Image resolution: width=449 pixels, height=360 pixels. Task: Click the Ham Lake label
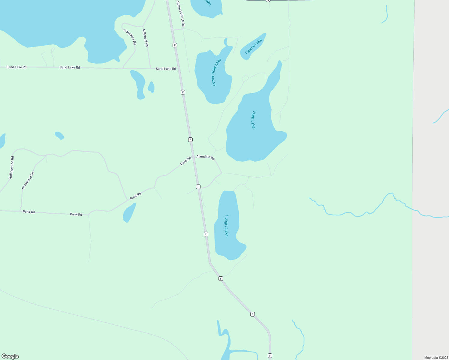pyautogui.click(x=254, y=120)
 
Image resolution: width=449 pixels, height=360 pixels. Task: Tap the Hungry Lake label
pyautogui.click(x=227, y=226)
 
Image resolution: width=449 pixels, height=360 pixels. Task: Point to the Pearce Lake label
pyautogui.click(x=253, y=46)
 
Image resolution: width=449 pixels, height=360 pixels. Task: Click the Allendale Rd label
pyautogui.click(x=205, y=157)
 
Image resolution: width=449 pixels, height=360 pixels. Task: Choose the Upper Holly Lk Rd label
pyautogui.click(x=180, y=14)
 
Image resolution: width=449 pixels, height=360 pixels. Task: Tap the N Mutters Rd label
pyautogui.click(x=130, y=37)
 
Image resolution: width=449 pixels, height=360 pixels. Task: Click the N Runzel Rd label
pyautogui.click(x=145, y=38)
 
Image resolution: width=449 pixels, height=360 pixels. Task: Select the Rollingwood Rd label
pyautogui.click(x=11, y=167)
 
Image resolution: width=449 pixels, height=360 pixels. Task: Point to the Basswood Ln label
pyautogui.click(x=28, y=181)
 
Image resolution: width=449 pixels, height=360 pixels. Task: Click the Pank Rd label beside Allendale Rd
pyautogui.click(x=186, y=161)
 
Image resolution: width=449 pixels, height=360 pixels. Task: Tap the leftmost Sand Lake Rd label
pyautogui.click(x=17, y=67)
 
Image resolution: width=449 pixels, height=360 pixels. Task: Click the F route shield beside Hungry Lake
pyautogui.click(x=206, y=234)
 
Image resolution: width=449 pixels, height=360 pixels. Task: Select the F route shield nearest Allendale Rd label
pyautogui.click(x=190, y=139)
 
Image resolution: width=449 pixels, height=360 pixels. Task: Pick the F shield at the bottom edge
pyautogui.click(x=270, y=355)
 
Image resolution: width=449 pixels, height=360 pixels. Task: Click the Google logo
pyautogui.click(x=10, y=356)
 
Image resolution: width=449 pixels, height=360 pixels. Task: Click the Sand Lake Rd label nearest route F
pyautogui.click(x=166, y=69)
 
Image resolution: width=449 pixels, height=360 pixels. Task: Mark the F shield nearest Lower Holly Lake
pyautogui.click(x=183, y=92)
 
